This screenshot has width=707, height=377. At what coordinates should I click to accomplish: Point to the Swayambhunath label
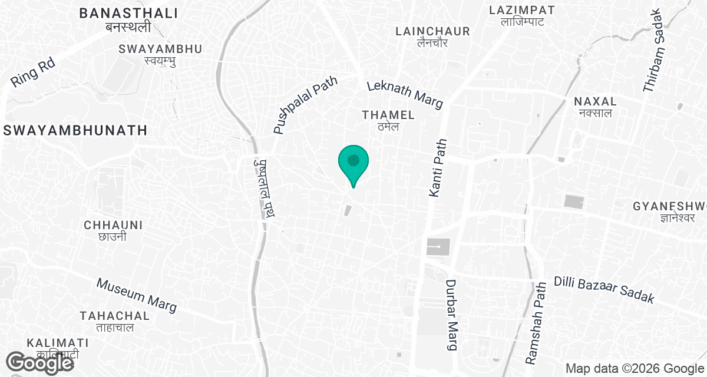75,130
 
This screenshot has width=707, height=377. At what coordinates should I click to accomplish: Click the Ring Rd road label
33,72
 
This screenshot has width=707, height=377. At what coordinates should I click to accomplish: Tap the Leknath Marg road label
404,94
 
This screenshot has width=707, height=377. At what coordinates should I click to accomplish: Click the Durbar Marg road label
452,315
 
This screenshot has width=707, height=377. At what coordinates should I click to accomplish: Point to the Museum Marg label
137,295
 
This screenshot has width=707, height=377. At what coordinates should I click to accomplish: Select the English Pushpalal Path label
304,104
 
